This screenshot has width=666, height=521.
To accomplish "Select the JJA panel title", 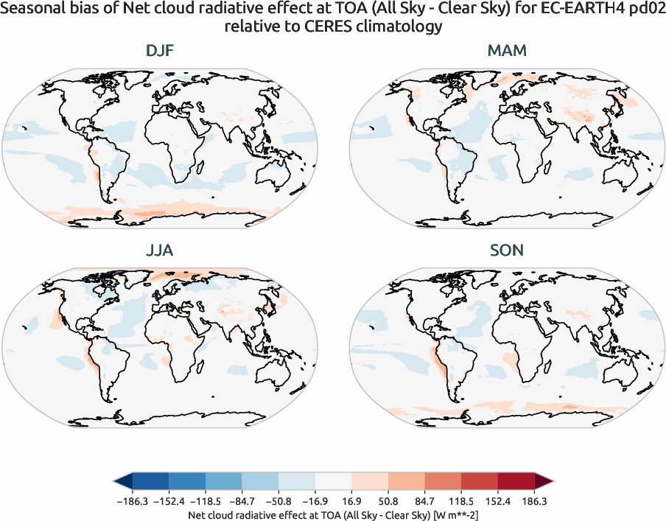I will [160, 251].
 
